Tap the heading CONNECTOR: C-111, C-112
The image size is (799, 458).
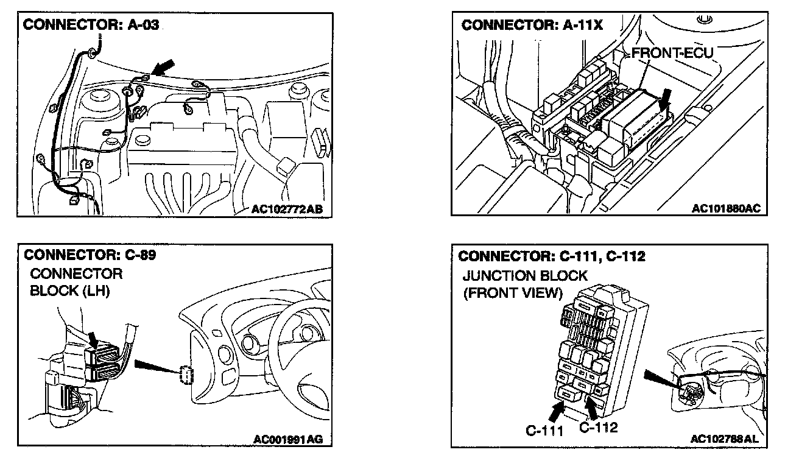(x=551, y=256)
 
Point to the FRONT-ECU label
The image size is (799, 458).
(x=672, y=54)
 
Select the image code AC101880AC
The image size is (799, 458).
(x=726, y=209)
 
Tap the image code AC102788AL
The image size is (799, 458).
(x=725, y=439)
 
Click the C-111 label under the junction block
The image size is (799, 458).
(x=544, y=431)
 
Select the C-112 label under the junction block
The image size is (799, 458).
(x=598, y=427)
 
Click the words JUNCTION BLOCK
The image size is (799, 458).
(x=525, y=275)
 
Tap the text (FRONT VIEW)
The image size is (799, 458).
(x=512, y=293)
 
